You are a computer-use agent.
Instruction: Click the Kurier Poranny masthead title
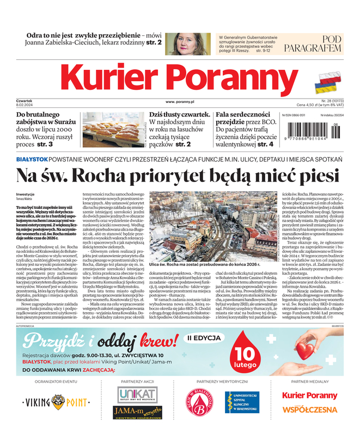tap(180, 78)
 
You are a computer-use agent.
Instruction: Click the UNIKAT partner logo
tap(136, 394)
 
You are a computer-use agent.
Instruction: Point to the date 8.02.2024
tap(26, 105)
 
